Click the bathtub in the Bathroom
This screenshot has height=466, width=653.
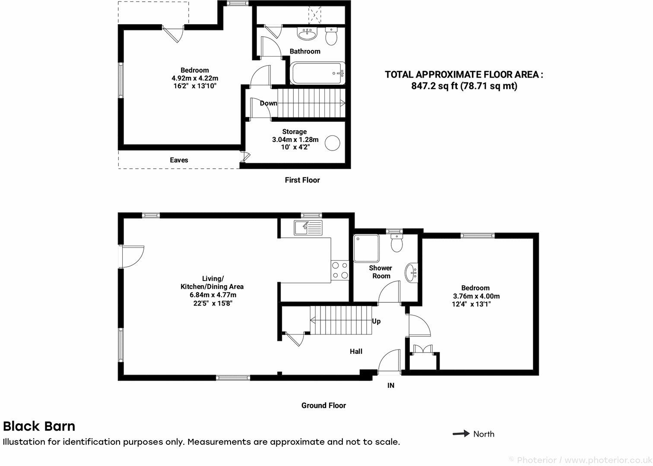pyautogui.click(x=318, y=74)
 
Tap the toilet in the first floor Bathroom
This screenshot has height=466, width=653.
pyautogui.click(x=331, y=37)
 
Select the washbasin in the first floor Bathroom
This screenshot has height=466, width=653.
pyautogui.click(x=307, y=33)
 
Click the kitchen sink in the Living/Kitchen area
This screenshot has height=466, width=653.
pyautogui.click(x=308, y=227)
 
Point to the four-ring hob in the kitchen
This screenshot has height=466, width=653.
pyautogui.click(x=339, y=271)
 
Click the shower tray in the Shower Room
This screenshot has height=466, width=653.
pyautogui.click(x=366, y=249)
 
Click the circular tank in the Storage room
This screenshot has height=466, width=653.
pyautogui.click(x=333, y=143)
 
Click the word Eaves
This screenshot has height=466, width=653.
pyautogui.click(x=179, y=160)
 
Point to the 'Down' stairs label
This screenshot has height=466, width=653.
pyautogui.click(x=268, y=103)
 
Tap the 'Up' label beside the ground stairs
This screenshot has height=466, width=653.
pyautogui.click(x=376, y=321)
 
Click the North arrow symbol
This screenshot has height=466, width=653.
pyautogui.click(x=461, y=434)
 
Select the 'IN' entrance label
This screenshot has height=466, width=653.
pyautogui.click(x=390, y=386)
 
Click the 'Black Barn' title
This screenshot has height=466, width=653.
pyautogui.click(x=39, y=426)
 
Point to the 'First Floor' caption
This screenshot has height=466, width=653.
pyautogui.click(x=302, y=180)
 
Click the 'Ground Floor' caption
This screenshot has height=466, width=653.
pyautogui.click(x=323, y=406)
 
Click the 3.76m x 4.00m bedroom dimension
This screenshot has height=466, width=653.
pyautogui.click(x=476, y=296)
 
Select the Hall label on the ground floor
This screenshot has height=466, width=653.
pyautogui.click(x=356, y=352)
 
